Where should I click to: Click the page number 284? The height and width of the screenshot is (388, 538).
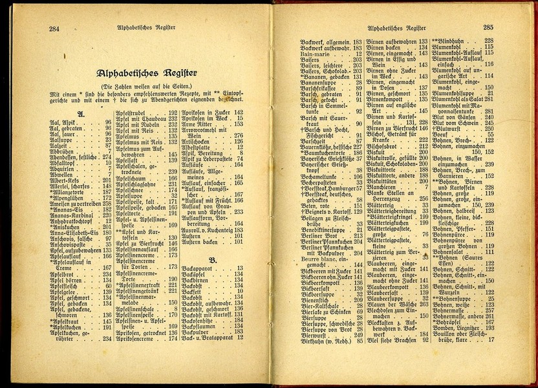[x=55, y=28]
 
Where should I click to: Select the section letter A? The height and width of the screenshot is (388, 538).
[x=81, y=113]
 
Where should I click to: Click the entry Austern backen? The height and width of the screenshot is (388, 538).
[x=200, y=242]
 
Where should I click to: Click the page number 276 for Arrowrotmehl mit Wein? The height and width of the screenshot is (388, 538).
[x=237, y=136]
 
